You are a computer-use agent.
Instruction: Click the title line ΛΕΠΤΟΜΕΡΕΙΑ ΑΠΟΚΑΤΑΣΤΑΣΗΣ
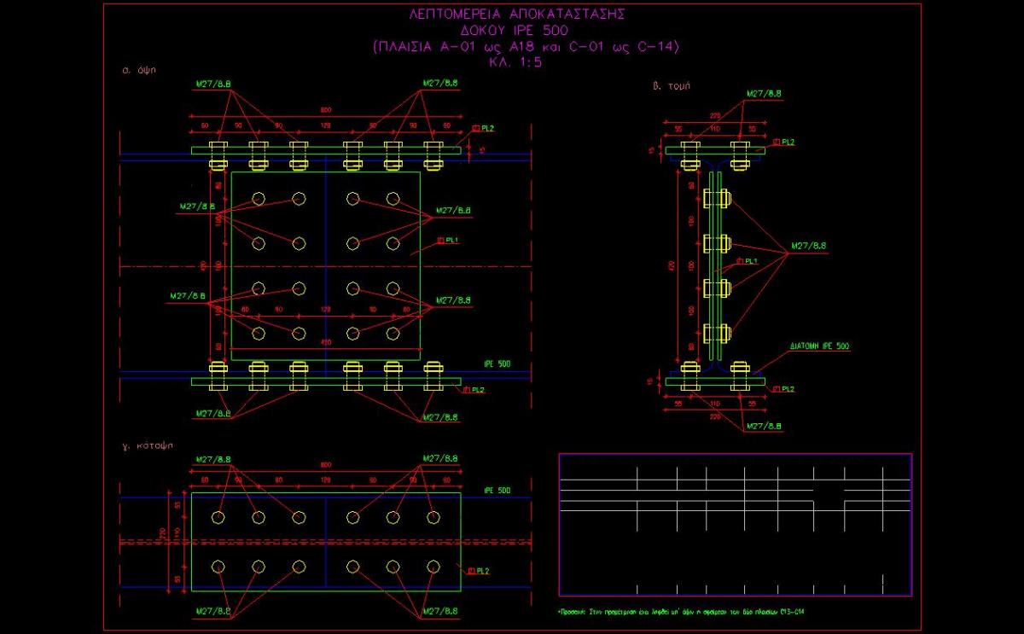(x=518, y=15)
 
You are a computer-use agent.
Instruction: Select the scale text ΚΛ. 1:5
(x=516, y=62)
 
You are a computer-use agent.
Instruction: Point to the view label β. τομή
(x=671, y=85)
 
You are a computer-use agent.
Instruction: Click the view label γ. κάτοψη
(x=150, y=446)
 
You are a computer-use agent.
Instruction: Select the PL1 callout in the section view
(x=749, y=261)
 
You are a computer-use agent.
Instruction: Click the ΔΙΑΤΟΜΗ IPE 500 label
(x=818, y=346)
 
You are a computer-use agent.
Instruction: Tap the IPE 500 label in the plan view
(x=497, y=491)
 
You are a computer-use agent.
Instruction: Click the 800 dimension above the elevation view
(x=326, y=110)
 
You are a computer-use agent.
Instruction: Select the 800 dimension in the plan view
(x=326, y=465)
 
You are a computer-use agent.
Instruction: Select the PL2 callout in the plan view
(x=480, y=570)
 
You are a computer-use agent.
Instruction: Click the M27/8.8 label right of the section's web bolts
(x=808, y=247)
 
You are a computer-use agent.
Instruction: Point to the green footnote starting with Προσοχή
(x=682, y=612)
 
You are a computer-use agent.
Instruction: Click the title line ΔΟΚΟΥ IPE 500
(x=517, y=31)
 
